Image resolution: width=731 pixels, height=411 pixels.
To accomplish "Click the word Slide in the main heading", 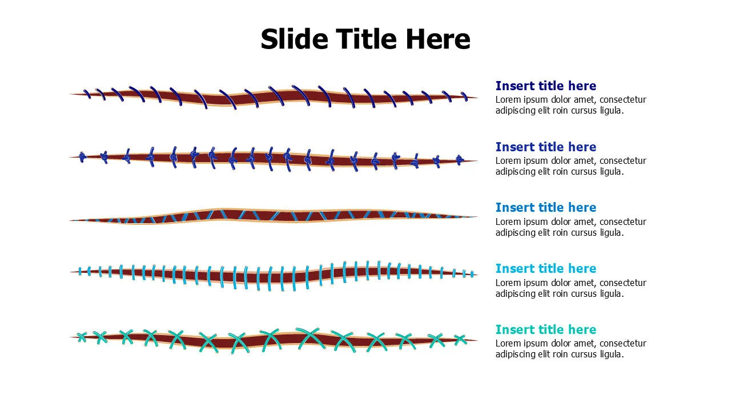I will [x=294, y=39].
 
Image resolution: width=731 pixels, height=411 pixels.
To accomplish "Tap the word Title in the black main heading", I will [x=366, y=39].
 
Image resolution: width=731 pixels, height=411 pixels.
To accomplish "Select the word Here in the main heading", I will [x=438, y=39].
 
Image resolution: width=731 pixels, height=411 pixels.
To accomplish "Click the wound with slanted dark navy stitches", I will [x=274, y=96].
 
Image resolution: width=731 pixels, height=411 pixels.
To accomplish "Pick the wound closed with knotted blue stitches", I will [x=274, y=158].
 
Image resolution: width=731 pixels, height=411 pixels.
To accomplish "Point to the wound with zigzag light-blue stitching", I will [x=274, y=216].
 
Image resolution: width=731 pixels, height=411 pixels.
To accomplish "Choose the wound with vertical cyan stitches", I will [x=274, y=274].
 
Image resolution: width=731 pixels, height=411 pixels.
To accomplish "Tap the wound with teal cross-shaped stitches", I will [x=274, y=339].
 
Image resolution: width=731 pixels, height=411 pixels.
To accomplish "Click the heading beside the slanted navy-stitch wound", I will [x=545, y=86].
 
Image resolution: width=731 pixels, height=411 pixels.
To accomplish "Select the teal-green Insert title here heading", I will [x=545, y=329].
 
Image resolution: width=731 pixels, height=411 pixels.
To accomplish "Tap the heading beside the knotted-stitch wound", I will [x=545, y=147].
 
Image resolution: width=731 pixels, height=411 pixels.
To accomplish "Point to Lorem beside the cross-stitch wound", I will [x=508, y=343].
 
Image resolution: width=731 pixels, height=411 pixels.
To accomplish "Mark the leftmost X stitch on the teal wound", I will [x=82, y=337].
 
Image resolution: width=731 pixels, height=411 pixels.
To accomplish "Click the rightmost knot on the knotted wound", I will [x=459, y=160].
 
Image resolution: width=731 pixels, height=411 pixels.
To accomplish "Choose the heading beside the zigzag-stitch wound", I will [x=545, y=207].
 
